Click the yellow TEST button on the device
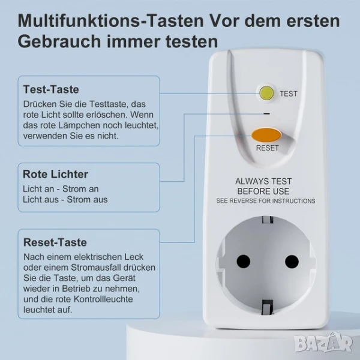coord(266,93)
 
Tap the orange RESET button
coord(266,135)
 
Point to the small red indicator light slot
coord(266,113)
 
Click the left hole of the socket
coord(244,261)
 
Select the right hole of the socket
coord(292,261)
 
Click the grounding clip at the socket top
coord(268,220)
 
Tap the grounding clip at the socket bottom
coord(268,306)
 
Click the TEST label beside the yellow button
coord(289,94)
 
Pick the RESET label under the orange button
coord(268,148)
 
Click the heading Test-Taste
coord(51,89)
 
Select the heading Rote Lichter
coord(55,174)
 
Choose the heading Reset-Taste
coord(55,242)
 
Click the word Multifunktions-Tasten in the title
coord(111,21)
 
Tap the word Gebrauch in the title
coord(59,41)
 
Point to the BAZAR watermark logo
coord(323,343)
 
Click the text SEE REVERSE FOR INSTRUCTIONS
coord(266,201)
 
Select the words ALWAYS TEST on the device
coord(263,181)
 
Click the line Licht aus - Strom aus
coord(65,200)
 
